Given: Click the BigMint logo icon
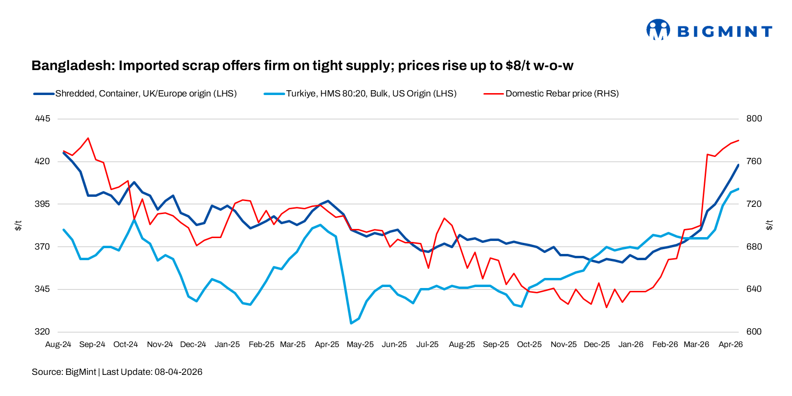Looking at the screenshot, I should (x=658, y=30).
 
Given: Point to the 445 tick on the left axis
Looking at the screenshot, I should (x=42, y=119).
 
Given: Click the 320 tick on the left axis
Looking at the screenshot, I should (x=42, y=332).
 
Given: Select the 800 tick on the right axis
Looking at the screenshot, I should (x=754, y=119).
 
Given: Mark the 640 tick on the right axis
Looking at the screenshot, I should (x=754, y=289).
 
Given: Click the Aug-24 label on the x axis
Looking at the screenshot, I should (x=58, y=345).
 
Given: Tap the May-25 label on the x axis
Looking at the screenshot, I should (x=360, y=345).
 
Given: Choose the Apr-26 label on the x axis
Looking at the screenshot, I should (x=730, y=345).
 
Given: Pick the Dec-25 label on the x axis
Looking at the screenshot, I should (x=597, y=345).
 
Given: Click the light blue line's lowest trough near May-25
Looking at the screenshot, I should (x=351, y=323).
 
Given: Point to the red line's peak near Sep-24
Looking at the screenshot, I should (x=88, y=138).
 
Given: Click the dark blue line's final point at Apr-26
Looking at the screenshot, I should (x=738, y=165).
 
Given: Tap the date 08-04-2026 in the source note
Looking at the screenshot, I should (x=178, y=372).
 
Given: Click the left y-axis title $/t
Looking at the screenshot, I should (x=18, y=225).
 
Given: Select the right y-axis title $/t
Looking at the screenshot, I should (x=769, y=225).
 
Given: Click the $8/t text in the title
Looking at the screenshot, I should (x=518, y=66).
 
